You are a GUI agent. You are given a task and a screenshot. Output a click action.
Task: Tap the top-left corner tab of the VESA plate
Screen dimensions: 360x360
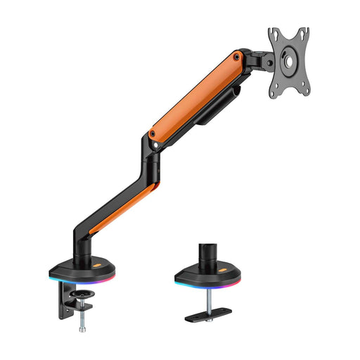(272, 32)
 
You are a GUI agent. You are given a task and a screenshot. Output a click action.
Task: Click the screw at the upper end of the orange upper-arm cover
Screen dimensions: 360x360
(237, 56)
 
